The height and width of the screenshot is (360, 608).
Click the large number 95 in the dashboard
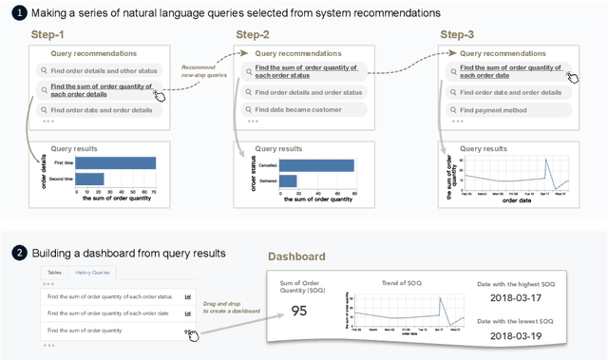(298, 311)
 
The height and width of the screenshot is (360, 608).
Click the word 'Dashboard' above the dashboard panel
(296, 256)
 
